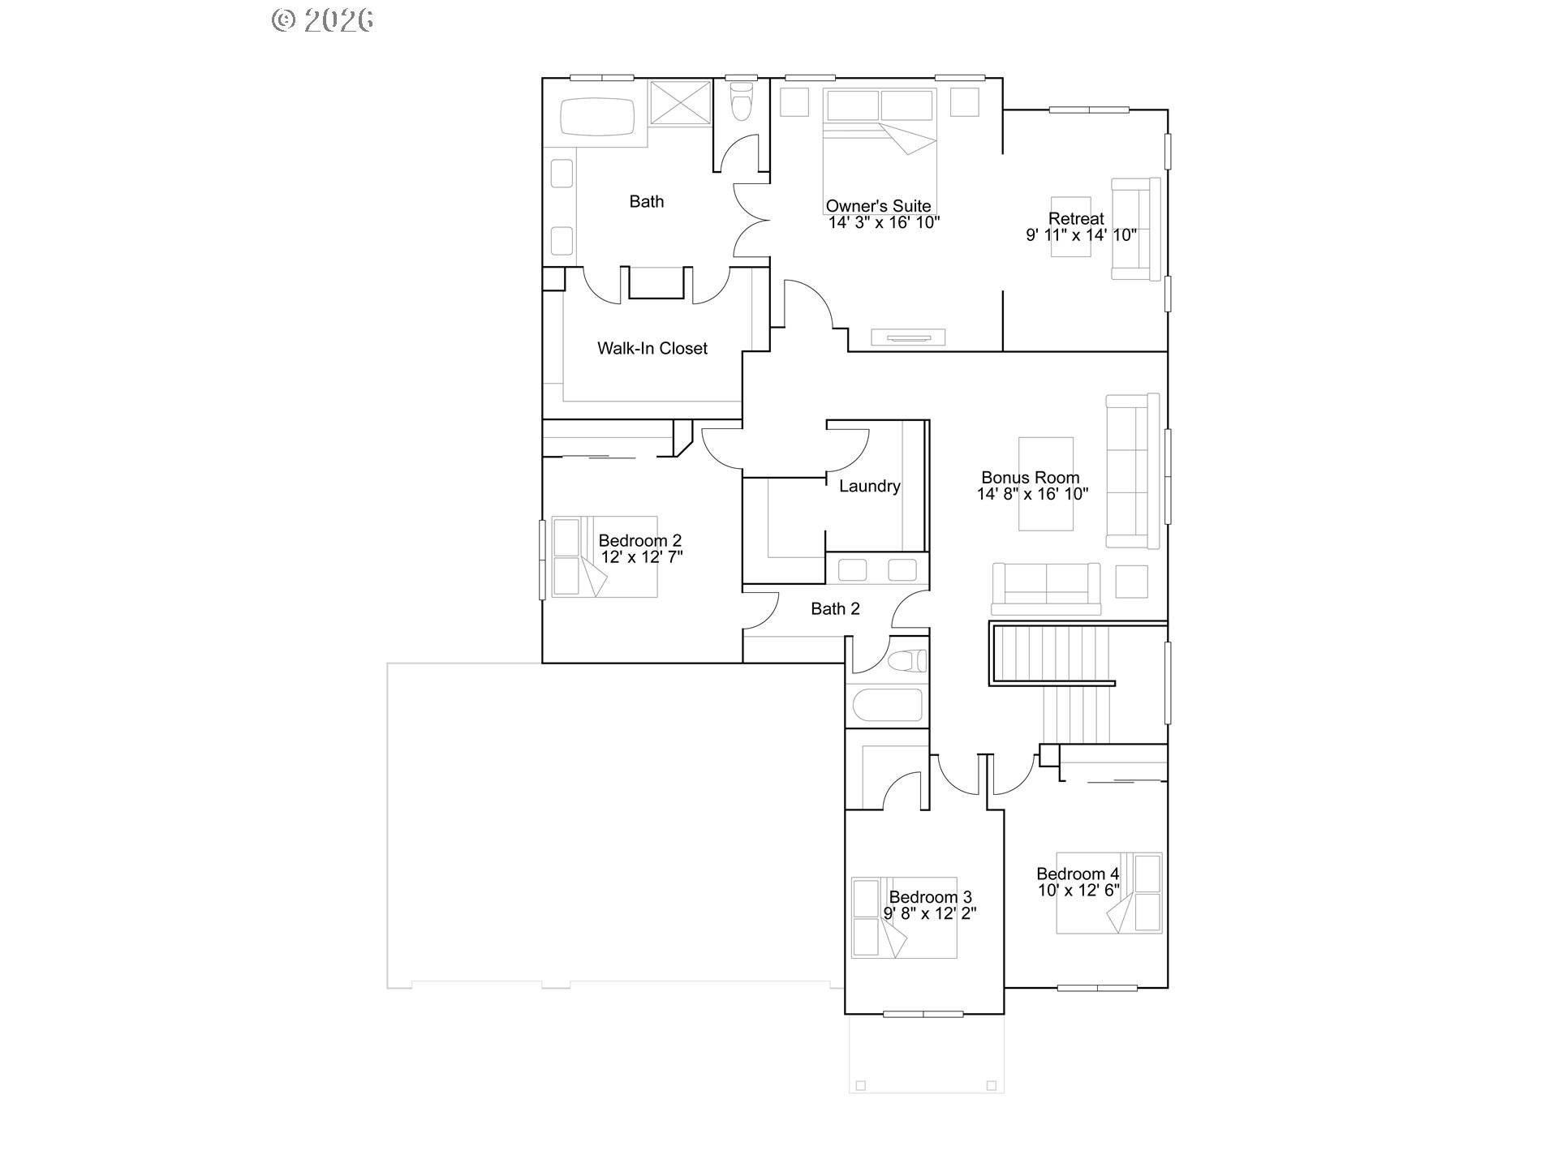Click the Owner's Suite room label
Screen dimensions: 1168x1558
tap(878, 206)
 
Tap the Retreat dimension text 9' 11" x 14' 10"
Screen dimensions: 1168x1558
tap(1081, 235)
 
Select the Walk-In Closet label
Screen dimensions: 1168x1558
tap(652, 348)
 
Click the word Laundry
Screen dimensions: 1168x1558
tap(869, 486)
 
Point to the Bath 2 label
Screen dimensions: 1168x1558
tap(835, 608)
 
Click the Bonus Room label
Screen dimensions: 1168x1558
tap(1030, 478)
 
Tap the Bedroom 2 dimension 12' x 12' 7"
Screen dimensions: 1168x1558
tap(642, 557)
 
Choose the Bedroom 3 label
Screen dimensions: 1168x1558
tap(930, 897)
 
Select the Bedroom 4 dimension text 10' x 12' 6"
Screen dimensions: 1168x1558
tap(1078, 890)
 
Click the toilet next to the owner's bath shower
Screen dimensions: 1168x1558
tap(741, 102)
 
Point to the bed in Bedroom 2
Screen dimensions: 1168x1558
tap(604, 556)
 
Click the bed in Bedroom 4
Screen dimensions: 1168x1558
tap(1108, 892)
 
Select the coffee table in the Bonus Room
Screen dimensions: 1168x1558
tap(1046, 483)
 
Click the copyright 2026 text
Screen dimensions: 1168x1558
tap(322, 20)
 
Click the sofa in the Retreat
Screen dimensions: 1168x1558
tap(1135, 229)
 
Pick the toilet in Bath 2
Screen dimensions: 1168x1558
tap(906, 661)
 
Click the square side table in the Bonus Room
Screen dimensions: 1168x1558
tap(1131, 581)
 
